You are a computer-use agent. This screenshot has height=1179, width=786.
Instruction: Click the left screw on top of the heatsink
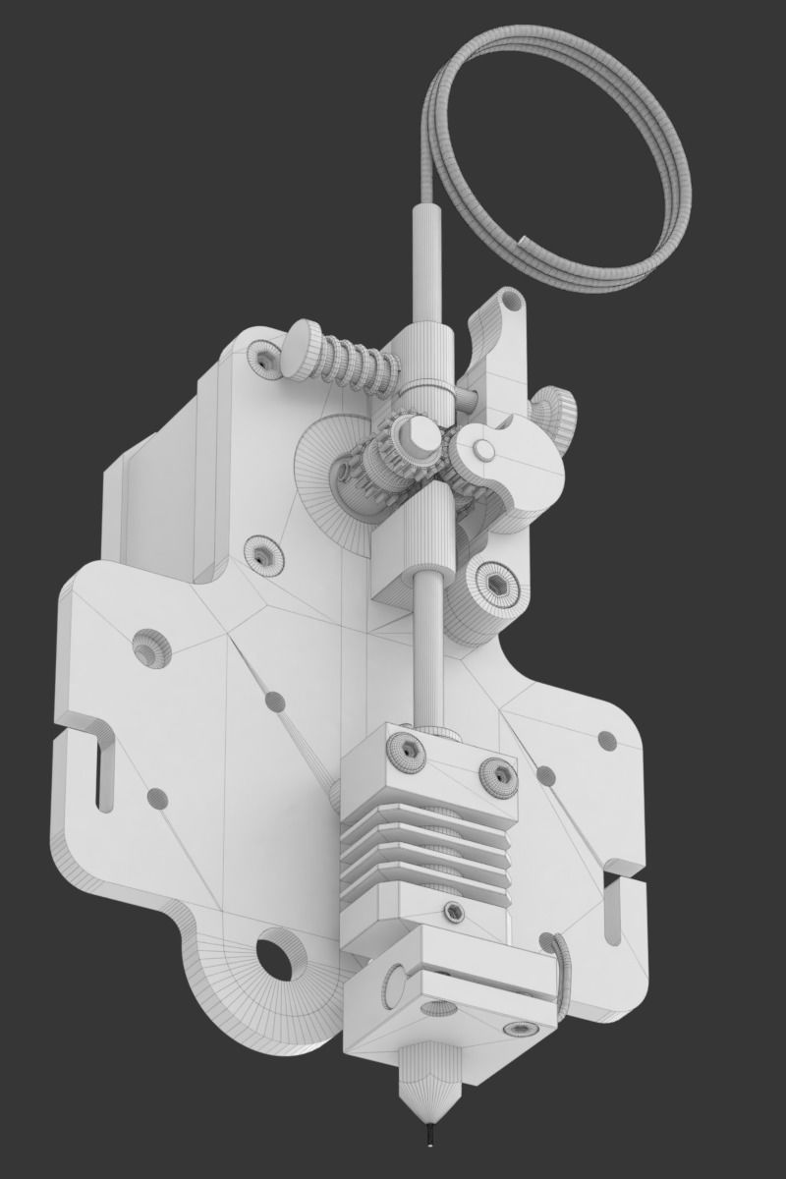click(x=406, y=750)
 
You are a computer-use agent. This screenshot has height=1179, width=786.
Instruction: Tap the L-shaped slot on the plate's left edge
click(x=98, y=766)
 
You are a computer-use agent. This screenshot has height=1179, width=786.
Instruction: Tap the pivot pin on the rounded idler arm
click(x=484, y=450)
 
